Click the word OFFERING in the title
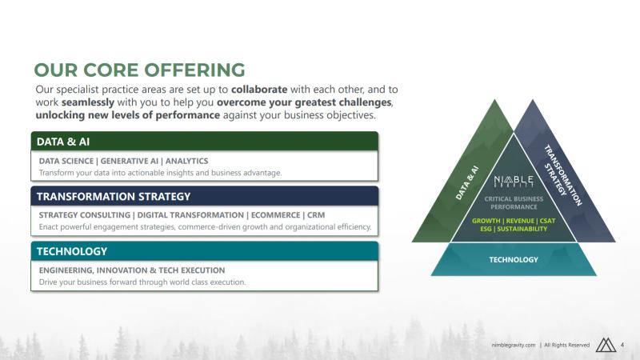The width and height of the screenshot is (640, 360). click(x=194, y=70)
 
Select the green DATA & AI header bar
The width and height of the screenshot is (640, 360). click(x=205, y=142)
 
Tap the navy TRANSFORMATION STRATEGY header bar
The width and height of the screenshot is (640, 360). click(x=205, y=196)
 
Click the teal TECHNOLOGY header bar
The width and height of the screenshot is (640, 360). click(x=205, y=251)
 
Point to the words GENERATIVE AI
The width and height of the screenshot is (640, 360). click(x=129, y=161)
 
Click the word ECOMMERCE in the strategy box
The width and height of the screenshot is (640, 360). click(x=275, y=215)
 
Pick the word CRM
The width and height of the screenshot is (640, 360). click(x=316, y=215)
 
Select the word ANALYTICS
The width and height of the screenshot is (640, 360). click(x=186, y=161)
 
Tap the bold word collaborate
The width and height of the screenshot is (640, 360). click(x=259, y=90)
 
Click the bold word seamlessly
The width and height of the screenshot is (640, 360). click(x=88, y=102)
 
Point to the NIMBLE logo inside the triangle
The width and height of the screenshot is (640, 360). click(x=514, y=182)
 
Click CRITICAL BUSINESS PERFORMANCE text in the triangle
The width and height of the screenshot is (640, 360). click(x=514, y=203)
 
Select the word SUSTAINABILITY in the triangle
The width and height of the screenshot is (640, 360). click(x=522, y=229)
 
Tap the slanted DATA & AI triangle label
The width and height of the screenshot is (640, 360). click(x=466, y=183)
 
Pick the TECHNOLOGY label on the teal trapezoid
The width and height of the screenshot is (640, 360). click(x=514, y=259)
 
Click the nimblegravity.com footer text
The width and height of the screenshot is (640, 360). click(x=513, y=346)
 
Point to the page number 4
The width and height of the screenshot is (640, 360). click(x=622, y=345)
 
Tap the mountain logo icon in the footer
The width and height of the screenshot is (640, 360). click(x=606, y=345)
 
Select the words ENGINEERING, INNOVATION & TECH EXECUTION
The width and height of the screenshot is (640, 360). click(x=132, y=270)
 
